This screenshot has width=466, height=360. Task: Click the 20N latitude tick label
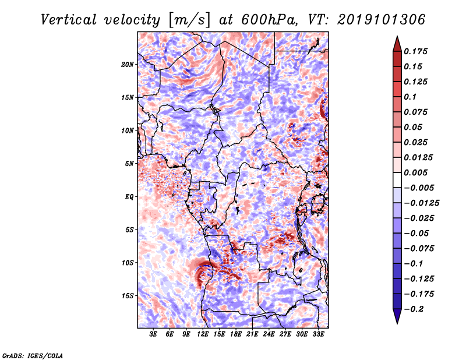pyautogui.click(x=128, y=64)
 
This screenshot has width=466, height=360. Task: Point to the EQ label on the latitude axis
pyautogui.click(x=129, y=197)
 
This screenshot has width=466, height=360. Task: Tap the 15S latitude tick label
pyautogui.click(x=128, y=296)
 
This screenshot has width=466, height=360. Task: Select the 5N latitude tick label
pyautogui.click(x=129, y=164)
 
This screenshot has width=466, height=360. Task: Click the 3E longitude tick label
pyautogui.click(x=153, y=334)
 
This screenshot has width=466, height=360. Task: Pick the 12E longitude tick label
pyautogui.click(x=203, y=334)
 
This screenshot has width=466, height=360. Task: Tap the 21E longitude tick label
pyautogui.click(x=252, y=334)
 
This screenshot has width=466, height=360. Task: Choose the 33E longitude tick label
pyautogui.click(x=318, y=334)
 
